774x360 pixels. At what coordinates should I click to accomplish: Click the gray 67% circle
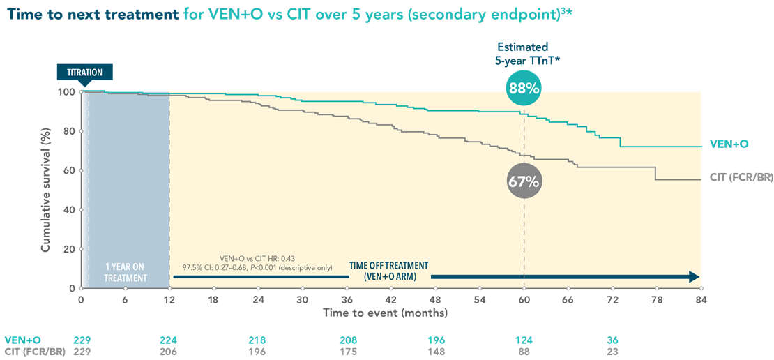pyautogui.click(x=524, y=181)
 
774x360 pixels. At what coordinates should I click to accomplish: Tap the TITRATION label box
pyautogui.click(x=84, y=73)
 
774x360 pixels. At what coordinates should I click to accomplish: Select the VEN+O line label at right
pyautogui.click(x=729, y=144)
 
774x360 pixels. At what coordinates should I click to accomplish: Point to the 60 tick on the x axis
pyautogui.click(x=524, y=300)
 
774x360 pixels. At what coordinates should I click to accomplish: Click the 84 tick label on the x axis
pyautogui.click(x=701, y=300)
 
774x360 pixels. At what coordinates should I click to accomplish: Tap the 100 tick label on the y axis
pyautogui.click(x=67, y=92)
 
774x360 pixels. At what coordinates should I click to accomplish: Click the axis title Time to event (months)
pyautogui.click(x=385, y=313)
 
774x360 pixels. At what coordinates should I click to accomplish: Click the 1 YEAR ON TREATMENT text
pyautogui.click(x=126, y=273)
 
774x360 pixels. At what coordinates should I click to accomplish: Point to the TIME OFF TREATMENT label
pyautogui.click(x=388, y=271)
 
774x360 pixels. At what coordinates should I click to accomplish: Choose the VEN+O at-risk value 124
pyautogui.click(x=524, y=340)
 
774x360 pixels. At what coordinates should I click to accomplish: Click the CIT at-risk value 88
pyautogui.click(x=524, y=352)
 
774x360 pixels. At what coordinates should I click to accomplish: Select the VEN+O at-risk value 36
pyautogui.click(x=613, y=340)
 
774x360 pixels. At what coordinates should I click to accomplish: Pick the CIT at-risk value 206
pyautogui.click(x=169, y=352)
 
